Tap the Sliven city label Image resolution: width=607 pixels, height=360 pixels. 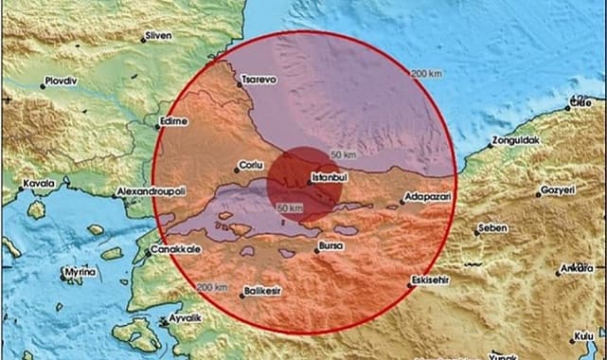(x=158, y=37)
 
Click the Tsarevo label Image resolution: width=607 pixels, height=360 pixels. (x=258, y=81)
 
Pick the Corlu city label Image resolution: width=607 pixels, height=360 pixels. (x=248, y=163)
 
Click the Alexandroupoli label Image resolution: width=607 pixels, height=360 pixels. (x=152, y=191)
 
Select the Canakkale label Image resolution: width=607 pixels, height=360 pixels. (x=174, y=251)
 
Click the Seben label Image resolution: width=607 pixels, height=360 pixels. (x=492, y=227)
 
